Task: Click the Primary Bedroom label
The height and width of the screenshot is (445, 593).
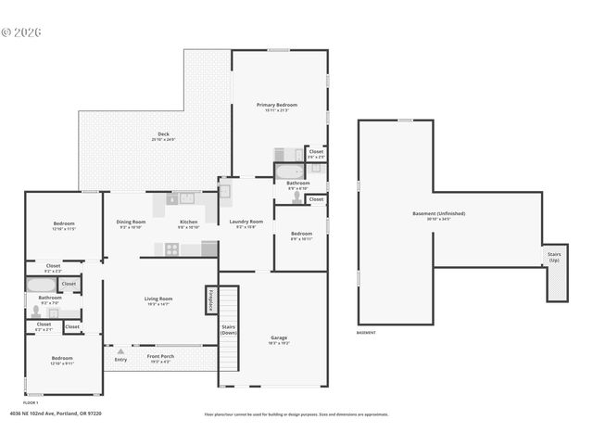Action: [x=277, y=106]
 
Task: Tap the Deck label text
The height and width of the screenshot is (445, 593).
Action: [x=163, y=134]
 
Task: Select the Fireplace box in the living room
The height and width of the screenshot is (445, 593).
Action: [x=210, y=300]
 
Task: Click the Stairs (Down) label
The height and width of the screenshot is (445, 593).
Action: [x=228, y=329]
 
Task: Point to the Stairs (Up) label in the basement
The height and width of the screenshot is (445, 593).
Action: [x=554, y=255]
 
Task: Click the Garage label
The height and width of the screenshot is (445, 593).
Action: [x=278, y=337]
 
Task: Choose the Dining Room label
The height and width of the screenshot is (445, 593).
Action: [x=131, y=222]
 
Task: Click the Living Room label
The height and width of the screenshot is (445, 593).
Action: [x=158, y=299]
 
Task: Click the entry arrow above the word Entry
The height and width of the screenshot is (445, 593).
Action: [x=120, y=350]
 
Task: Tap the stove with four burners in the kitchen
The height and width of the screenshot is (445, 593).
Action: [x=171, y=248]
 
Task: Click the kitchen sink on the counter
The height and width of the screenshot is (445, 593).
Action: [x=186, y=197]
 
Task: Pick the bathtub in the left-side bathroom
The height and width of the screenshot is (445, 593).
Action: [x=42, y=286]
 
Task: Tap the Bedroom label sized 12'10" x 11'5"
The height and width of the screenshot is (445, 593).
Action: [x=63, y=224]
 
